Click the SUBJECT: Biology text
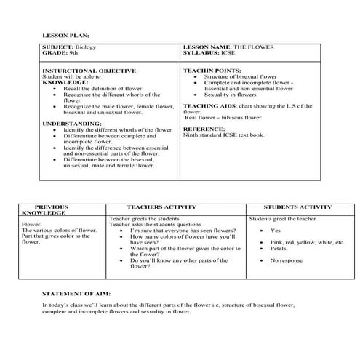70,47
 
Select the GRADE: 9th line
60,53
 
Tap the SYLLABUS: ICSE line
209,53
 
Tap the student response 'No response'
285,259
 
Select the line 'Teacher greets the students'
144,217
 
